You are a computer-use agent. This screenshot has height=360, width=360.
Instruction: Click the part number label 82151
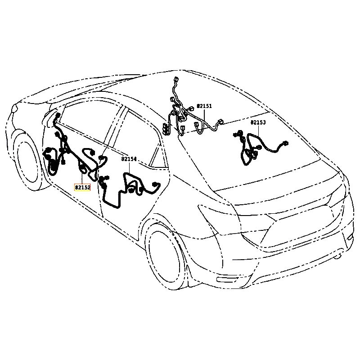pos(204,106)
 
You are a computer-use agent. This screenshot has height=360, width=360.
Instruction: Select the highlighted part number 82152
pos(82,188)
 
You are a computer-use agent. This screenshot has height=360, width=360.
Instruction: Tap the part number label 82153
pos(258,122)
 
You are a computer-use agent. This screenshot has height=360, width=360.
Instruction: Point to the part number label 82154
pos(129,159)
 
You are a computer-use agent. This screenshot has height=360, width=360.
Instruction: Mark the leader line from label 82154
pos(129,167)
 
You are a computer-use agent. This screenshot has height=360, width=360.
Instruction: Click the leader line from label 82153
pos(258,130)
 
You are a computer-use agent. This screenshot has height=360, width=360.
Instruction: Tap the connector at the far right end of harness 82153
pos(285,144)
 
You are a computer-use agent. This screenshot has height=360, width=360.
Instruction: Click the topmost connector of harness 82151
pos(175,78)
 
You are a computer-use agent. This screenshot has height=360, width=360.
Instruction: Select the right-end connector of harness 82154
pos(157,184)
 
